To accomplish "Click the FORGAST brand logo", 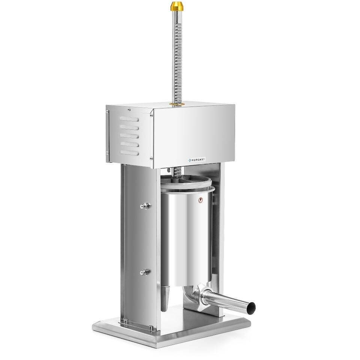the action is (x=196, y=160).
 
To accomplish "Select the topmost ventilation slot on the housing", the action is (x=129, y=119).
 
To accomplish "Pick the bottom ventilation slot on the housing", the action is (x=129, y=153).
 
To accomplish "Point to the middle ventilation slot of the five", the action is (x=129, y=136).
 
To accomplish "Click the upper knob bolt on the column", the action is (x=145, y=206).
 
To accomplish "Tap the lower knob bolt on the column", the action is (x=145, y=272).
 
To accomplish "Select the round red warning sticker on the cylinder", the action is (x=201, y=200).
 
